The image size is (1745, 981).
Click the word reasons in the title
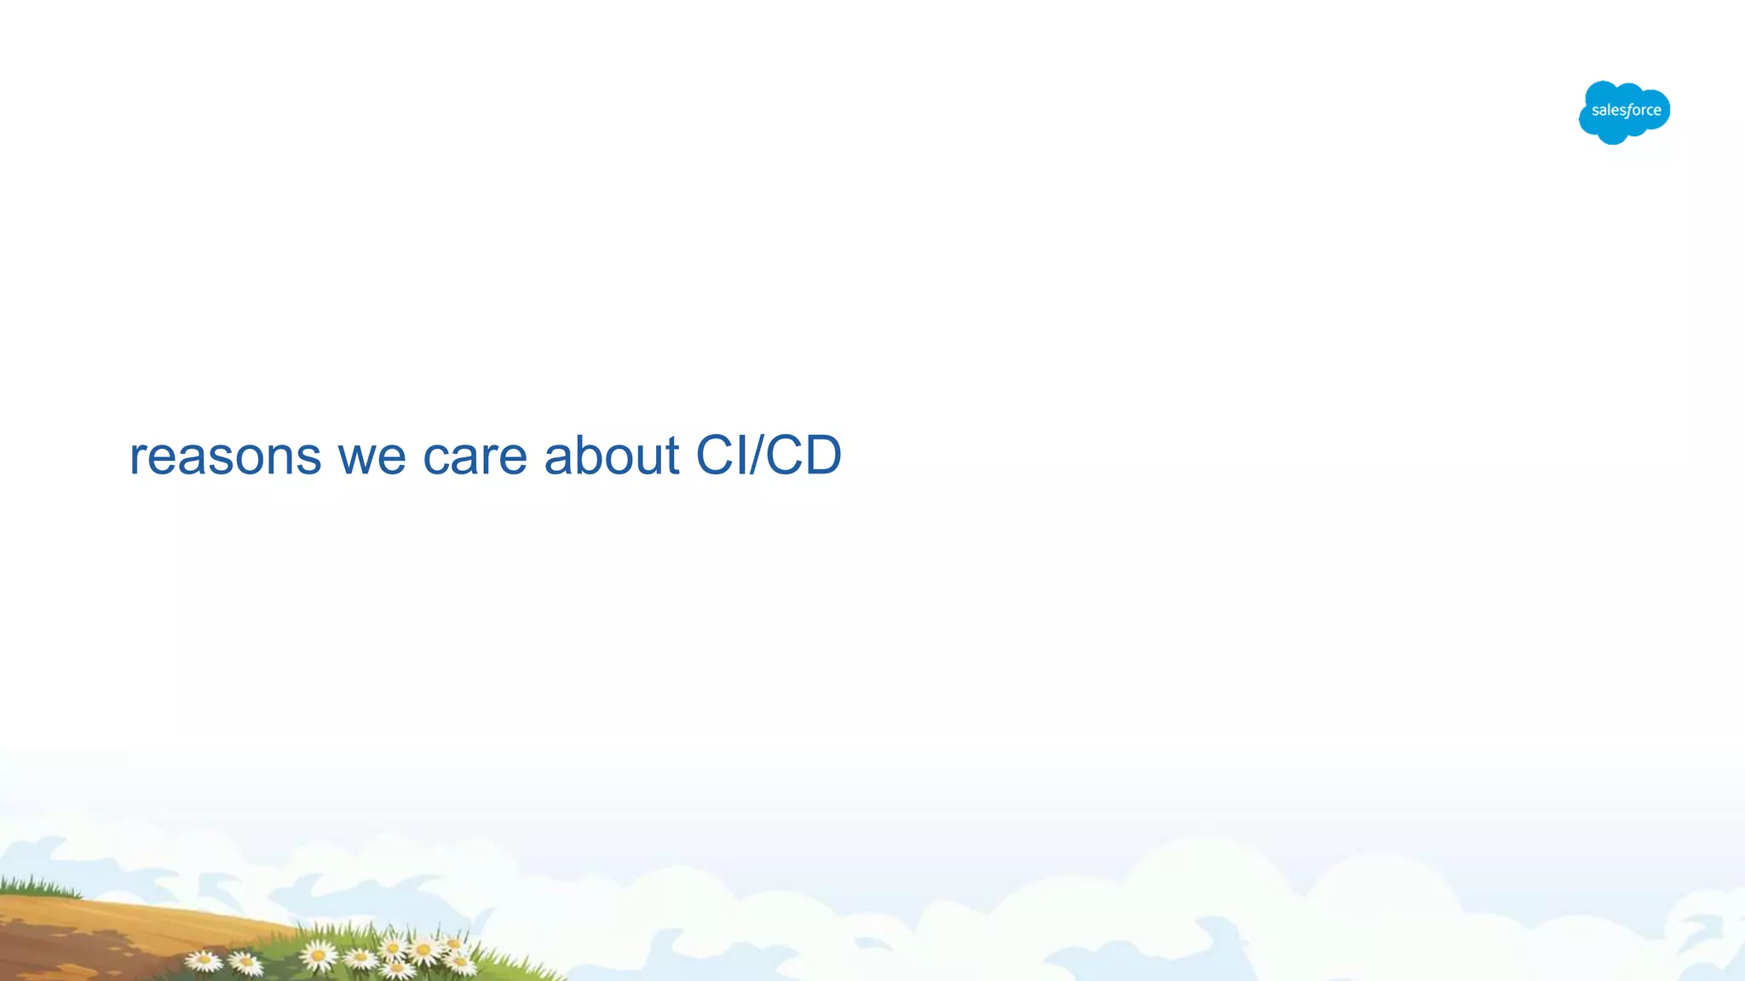[225, 456]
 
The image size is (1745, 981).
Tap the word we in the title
[371, 456]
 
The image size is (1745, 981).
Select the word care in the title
[475, 456]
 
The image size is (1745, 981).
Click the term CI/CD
[769, 455]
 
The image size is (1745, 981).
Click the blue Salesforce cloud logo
[1624, 112]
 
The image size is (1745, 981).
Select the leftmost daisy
[204, 961]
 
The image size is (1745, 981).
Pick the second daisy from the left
[245, 962]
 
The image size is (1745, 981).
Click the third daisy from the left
[320, 955]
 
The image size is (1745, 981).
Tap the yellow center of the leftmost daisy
[204, 960]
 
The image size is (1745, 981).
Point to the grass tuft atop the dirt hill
[38, 886]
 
